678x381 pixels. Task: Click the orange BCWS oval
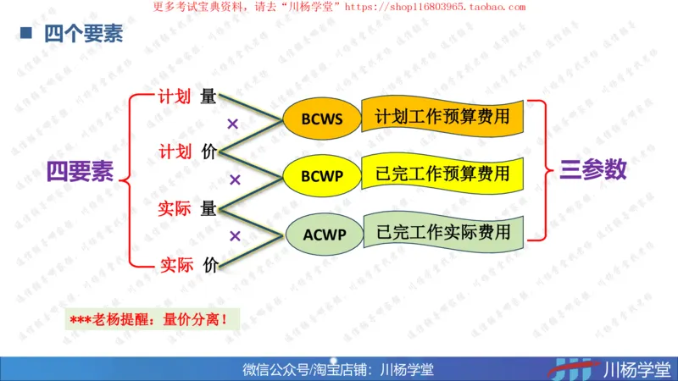pyautogui.click(x=322, y=119)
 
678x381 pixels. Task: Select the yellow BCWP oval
pyautogui.click(x=322, y=175)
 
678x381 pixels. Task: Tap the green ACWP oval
pyautogui.click(x=322, y=234)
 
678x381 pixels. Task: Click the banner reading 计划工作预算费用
pyautogui.click(x=442, y=116)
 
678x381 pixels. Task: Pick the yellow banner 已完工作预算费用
pyautogui.click(x=442, y=174)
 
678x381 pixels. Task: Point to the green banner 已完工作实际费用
pyautogui.click(x=443, y=231)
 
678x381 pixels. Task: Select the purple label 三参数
pyautogui.click(x=593, y=170)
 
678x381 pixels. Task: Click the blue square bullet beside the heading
pyautogui.click(x=26, y=34)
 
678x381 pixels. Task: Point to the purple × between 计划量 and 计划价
pyautogui.click(x=232, y=124)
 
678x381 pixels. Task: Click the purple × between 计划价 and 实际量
pyautogui.click(x=236, y=179)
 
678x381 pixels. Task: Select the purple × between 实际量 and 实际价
pyautogui.click(x=236, y=235)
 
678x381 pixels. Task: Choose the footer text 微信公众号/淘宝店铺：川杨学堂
pyautogui.click(x=338, y=369)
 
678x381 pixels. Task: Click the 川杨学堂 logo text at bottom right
pyautogui.click(x=636, y=368)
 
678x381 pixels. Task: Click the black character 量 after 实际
pyautogui.click(x=208, y=208)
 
